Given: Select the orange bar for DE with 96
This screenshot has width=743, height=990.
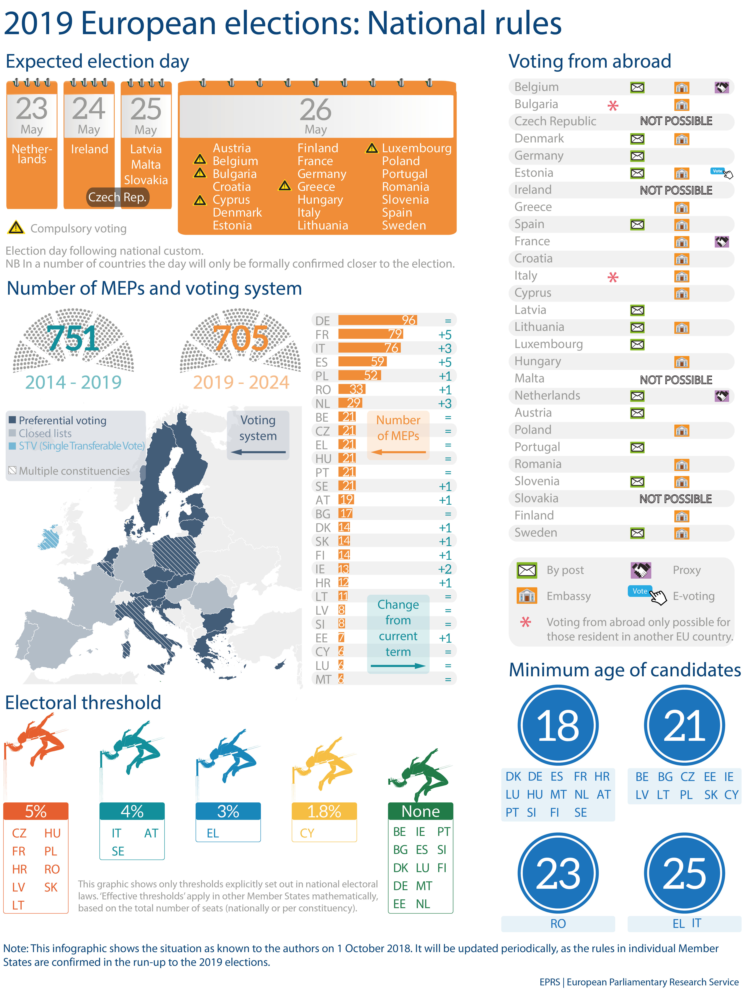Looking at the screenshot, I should coord(377,320).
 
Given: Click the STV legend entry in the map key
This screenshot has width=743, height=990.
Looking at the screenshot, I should coord(81,446).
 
